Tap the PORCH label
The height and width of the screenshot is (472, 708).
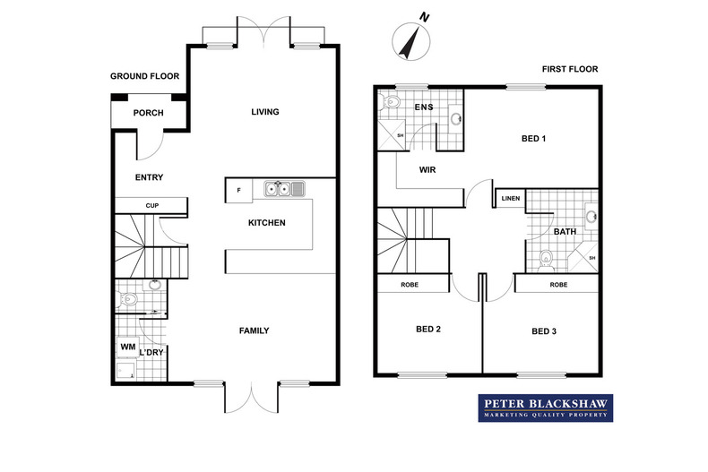click(147, 113)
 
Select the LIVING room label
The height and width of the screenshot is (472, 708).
click(265, 112)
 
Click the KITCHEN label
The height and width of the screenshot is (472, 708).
click(266, 222)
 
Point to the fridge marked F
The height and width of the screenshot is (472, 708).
click(238, 190)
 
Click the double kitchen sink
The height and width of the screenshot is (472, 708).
click(283, 189)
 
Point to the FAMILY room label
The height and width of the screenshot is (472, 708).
click(254, 330)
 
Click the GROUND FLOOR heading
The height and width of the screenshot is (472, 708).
click(145, 77)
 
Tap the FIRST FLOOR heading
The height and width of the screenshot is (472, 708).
click(569, 69)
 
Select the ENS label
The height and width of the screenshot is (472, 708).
click(424, 107)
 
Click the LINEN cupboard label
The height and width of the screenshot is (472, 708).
click(511, 198)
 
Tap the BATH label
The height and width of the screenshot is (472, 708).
click(565, 232)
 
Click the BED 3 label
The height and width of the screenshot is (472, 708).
click(544, 331)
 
